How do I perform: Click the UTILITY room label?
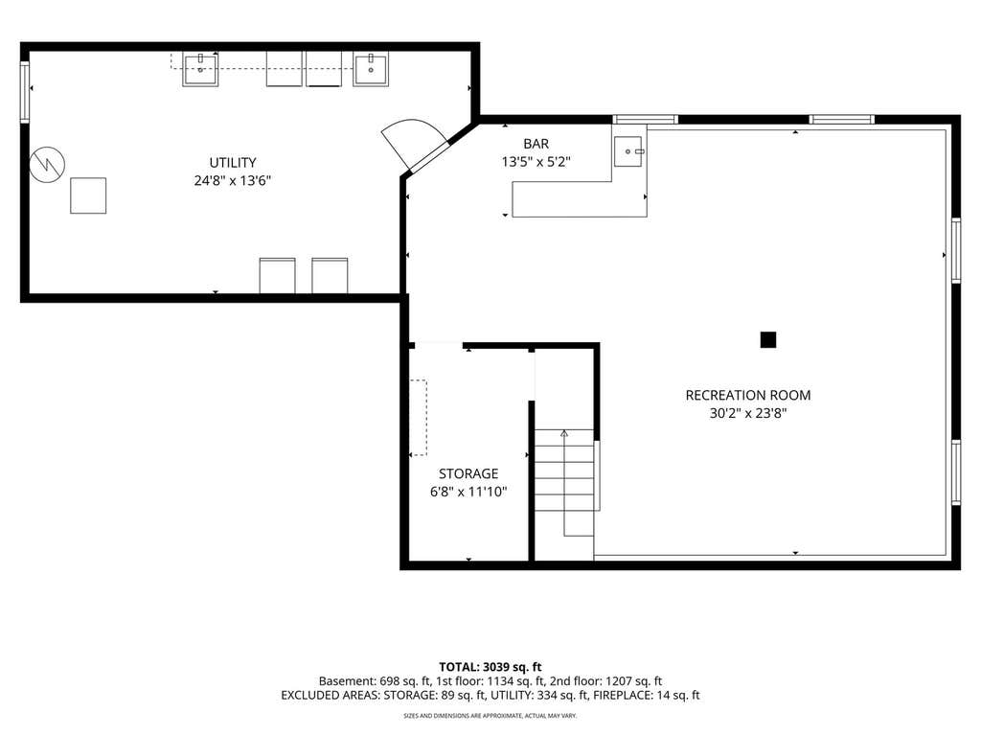pyautogui.click(x=233, y=163)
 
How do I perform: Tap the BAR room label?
pyautogui.click(x=536, y=144)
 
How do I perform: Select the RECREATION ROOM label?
pyautogui.click(x=748, y=396)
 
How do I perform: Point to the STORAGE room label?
pyautogui.click(x=468, y=473)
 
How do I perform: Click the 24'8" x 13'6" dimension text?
pyautogui.click(x=233, y=181)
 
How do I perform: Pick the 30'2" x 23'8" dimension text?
pyautogui.click(x=748, y=413)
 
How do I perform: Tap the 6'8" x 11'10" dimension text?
pyautogui.click(x=468, y=492)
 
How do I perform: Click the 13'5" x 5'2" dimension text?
pyautogui.click(x=536, y=162)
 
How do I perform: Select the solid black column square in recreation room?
pyautogui.click(x=768, y=340)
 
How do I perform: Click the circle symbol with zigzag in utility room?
pyautogui.click(x=48, y=165)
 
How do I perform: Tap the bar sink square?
pyautogui.click(x=628, y=151)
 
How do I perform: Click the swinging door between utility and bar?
pyautogui.click(x=414, y=146)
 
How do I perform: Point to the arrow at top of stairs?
pyautogui.click(x=564, y=433)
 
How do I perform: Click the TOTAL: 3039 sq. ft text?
pyautogui.click(x=490, y=667)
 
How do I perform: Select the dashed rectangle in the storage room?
pyautogui.click(x=418, y=418)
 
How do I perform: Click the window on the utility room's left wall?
pyautogui.click(x=25, y=92)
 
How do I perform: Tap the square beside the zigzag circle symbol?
pyautogui.click(x=88, y=195)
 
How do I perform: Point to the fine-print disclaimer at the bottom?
pyautogui.click(x=490, y=715)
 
